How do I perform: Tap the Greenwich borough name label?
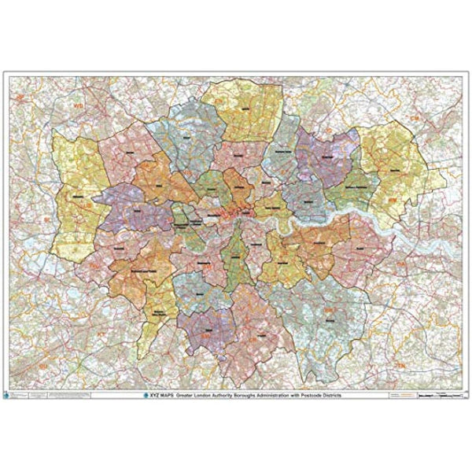(319, 245)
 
